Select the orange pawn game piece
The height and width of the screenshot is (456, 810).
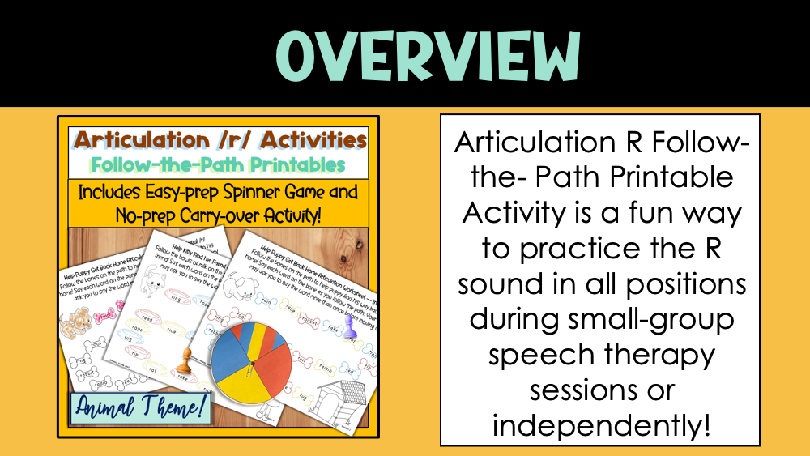pyautogui.click(x=186, y=358)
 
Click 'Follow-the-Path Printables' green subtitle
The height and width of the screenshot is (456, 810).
pyautogui.click(x=218, y=164)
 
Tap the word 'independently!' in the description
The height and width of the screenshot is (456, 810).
pyautogui.click(x=600, y=425)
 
